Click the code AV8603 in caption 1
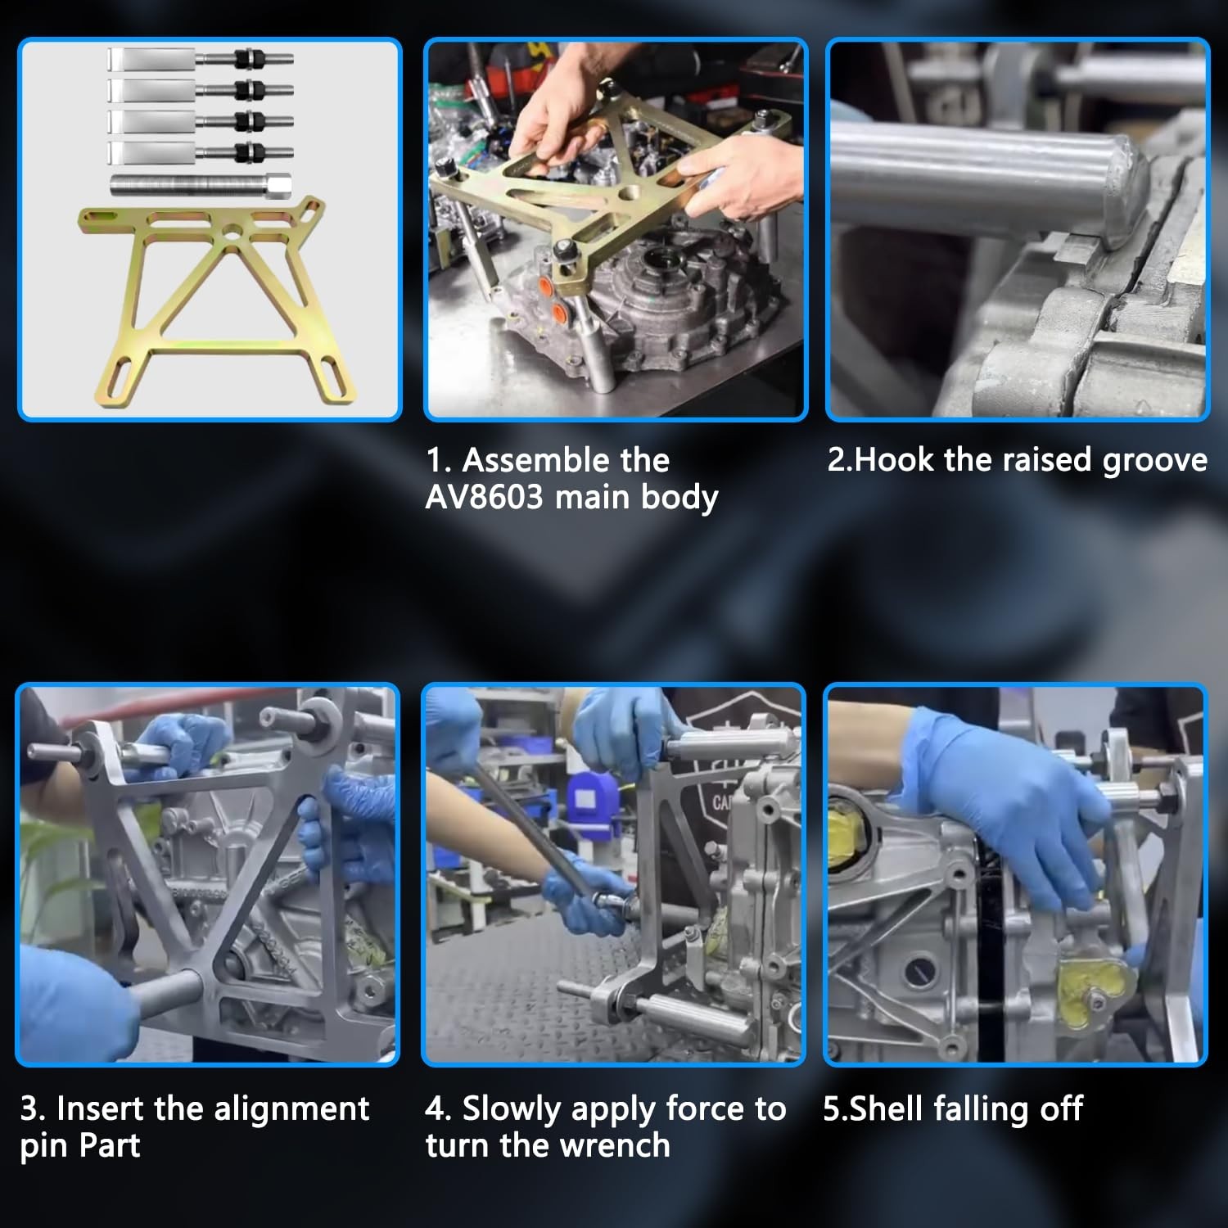(x=484, y=497)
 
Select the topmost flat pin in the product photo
(x=200, y=59)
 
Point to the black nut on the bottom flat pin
(x=244, y=152)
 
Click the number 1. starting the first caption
(x=438, y=461)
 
